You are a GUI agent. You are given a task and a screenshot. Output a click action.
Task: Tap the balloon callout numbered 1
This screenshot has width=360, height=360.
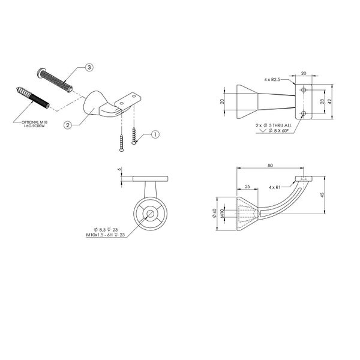pyautogui.click(x=154, y=134)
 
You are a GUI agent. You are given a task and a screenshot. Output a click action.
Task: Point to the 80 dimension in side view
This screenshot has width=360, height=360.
pyautogui.click(x=271, y=166)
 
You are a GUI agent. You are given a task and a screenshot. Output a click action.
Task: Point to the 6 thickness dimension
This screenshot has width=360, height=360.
pyautogui.click(x=120, y=170)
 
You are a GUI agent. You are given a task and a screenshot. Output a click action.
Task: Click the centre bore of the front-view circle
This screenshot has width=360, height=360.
pyautogui.click(x=148, y=214)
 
